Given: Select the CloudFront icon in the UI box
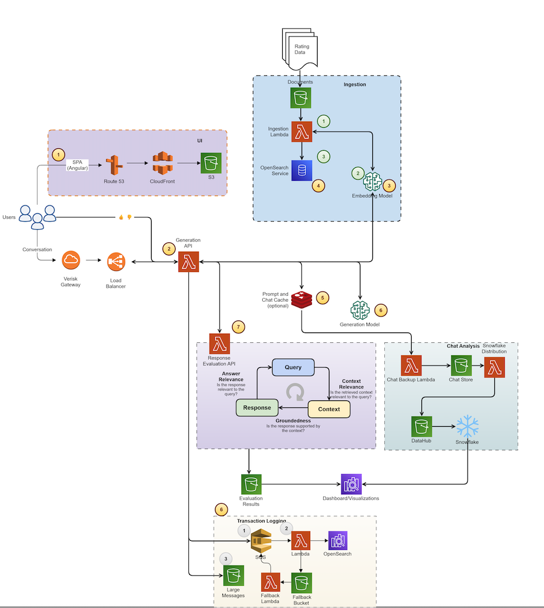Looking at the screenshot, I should (163, 164).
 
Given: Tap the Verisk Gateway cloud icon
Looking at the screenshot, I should (71, 261).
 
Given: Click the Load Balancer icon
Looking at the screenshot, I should (116, 262).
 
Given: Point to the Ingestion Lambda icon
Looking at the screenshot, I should (301, 132).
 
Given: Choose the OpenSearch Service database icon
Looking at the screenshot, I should (301, 170).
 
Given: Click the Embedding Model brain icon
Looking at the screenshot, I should (373, 181).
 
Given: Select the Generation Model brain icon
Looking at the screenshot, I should (360, 310).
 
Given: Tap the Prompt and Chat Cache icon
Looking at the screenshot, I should (301, 299).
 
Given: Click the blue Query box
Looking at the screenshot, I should (293, 367).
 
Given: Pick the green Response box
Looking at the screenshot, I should (257, 408).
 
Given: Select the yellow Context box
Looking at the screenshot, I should (329, 409).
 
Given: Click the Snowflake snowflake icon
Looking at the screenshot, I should (468, 426).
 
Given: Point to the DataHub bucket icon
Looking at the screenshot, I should (421, 426).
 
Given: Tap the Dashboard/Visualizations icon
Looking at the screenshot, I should (351, 484).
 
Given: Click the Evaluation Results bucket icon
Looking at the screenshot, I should (250, 484).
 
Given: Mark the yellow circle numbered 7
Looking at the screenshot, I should (239, 327).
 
